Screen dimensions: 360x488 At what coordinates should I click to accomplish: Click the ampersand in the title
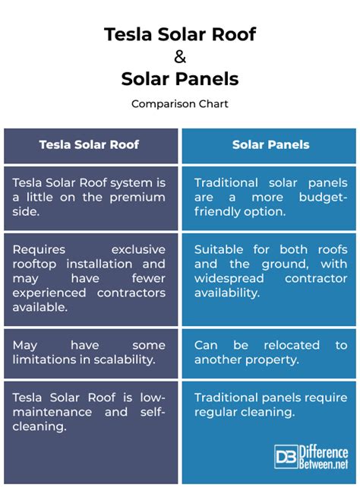click(180, 57)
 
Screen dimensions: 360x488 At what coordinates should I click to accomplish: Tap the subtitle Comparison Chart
click(180, 103)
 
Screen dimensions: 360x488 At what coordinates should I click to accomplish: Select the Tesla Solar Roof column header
click(89, 144)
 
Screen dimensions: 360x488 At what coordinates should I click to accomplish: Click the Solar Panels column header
click(271, 144)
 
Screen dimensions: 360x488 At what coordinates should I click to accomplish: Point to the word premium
click(137, 198)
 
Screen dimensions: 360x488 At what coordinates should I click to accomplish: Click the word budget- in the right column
click(323, 198)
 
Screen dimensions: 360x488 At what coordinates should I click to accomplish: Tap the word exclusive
click(138, 249)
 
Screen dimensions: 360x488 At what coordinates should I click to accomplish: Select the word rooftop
click(34, 265)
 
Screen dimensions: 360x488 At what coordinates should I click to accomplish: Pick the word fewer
click(148, 278)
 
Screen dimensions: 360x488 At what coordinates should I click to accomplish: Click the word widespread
click(229, 279)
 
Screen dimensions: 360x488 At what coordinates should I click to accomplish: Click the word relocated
click(292, 345)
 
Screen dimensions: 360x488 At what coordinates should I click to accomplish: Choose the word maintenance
click(52, 412)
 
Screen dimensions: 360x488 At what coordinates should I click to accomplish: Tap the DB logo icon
click(286, 457)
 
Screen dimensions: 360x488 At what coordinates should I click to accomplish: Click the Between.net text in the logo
click(324, 464)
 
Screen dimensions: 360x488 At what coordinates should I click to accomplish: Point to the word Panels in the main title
click(207, 79)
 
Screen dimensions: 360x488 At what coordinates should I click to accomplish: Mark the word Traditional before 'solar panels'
click(226, 183)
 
